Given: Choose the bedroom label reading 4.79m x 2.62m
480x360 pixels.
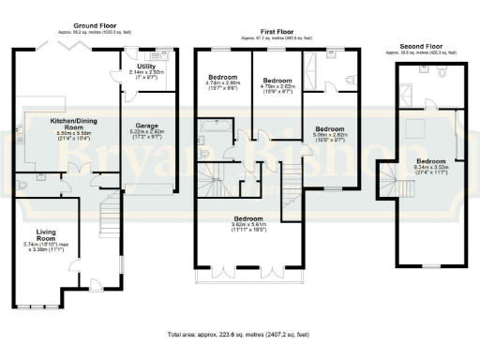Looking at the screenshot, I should [277, 84].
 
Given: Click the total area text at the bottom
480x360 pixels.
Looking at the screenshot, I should [239, 335].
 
